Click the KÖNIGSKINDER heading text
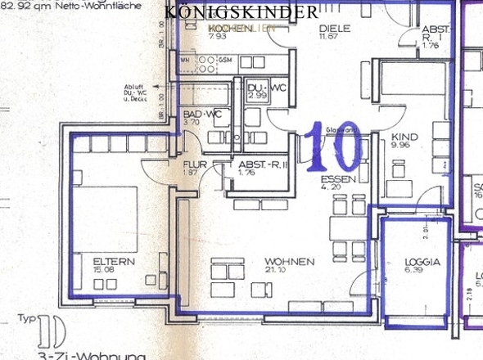click(241, 12)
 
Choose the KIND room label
click(404, 137)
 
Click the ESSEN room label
click(336, 178)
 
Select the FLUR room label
click(192, 164)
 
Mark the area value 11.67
click(330, 36)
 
